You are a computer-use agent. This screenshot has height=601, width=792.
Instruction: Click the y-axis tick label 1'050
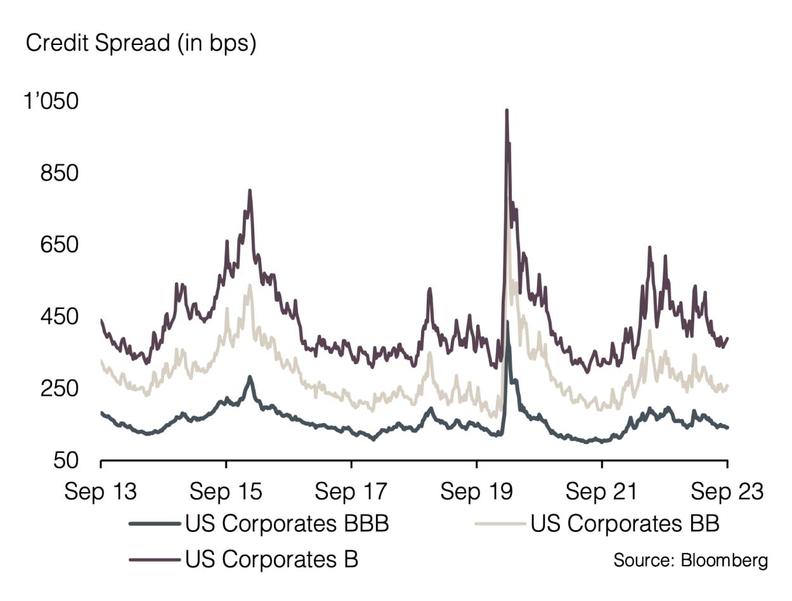[54, 101]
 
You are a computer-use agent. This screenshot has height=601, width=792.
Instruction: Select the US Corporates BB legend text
[625, 524]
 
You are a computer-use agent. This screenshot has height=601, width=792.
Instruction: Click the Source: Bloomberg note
[690, 560]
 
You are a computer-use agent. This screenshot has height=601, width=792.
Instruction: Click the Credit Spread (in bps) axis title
[140, 44]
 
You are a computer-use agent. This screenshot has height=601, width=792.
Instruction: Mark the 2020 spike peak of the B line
[507, 111]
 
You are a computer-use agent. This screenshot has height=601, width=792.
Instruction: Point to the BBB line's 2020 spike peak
[507, 323]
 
